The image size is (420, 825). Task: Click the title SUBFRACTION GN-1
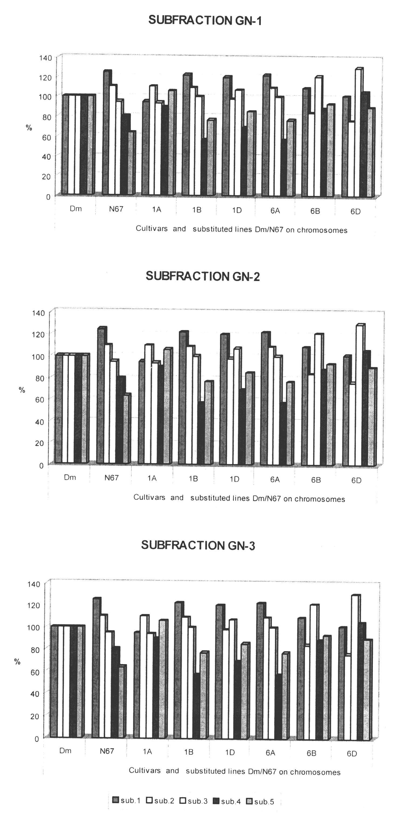pos(205,20)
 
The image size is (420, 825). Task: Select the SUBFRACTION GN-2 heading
pos(203,276)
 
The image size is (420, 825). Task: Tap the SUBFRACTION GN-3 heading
pos(198,545)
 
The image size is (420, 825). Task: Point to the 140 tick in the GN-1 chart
pos(45,58)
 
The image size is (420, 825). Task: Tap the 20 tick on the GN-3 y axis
pos(34,716)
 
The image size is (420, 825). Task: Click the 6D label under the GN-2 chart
pos(356,480)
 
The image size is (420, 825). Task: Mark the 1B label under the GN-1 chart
pos(197,210)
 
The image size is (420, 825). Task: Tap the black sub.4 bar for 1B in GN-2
pos(201,432)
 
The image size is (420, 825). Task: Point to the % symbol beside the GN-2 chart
pos(22,390)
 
